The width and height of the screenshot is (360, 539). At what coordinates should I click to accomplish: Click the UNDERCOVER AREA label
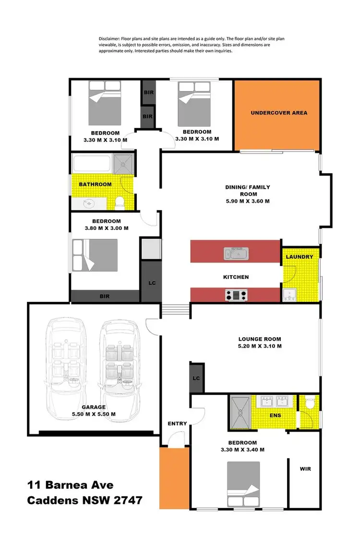click(279, 113)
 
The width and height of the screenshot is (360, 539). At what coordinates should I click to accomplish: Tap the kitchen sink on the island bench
click(236, 252)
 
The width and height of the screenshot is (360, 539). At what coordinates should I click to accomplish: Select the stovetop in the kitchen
click(236, 295)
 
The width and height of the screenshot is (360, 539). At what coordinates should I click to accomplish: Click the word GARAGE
click(94, 407)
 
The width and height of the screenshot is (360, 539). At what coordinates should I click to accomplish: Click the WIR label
click(305, 469)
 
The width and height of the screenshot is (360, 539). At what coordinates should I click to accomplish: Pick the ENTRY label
click(177, 424)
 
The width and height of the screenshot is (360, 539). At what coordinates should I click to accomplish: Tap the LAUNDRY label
click(299, 257)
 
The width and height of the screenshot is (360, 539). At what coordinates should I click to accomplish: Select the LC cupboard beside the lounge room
click(196, 378)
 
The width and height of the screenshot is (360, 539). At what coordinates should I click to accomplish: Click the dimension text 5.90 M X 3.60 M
click(247, 201)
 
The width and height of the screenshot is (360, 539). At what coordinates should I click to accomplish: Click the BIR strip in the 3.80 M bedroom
click(105, 297)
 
